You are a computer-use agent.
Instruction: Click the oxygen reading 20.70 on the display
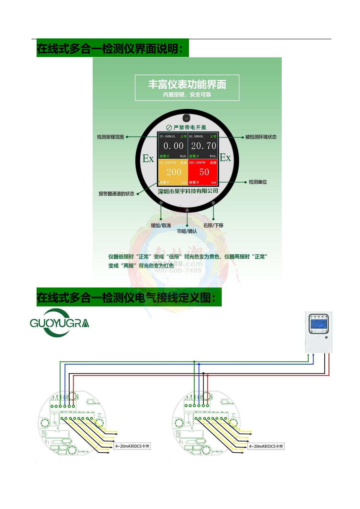coord(203,146)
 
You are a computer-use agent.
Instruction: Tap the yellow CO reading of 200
coord(174,172)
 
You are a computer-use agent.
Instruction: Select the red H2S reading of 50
coord(204,172)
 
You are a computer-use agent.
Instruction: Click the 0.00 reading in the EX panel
coord(173,146)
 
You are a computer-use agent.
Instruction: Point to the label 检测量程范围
coord(110,137)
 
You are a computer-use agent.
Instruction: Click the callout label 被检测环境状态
coord(261,137)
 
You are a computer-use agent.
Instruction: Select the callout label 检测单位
coord(258,182)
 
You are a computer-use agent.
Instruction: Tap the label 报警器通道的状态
coord(116,194)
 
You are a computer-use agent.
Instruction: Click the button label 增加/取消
coord(160,225)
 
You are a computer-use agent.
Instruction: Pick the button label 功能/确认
coord(187,231)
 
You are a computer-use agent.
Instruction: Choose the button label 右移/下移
coord(213,225)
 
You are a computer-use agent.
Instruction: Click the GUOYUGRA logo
coord(59,323)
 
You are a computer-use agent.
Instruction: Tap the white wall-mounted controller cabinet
coord(319,332)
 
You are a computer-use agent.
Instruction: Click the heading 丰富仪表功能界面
coord(187,85)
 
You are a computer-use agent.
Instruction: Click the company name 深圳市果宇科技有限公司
coord(188,191)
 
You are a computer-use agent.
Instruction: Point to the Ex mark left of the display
coord(148,158)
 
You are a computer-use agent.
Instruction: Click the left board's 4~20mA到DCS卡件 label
coord(132,446)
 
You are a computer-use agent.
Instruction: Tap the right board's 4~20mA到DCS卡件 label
coord(266,446)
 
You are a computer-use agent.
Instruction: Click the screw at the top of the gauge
coord(187,118)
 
